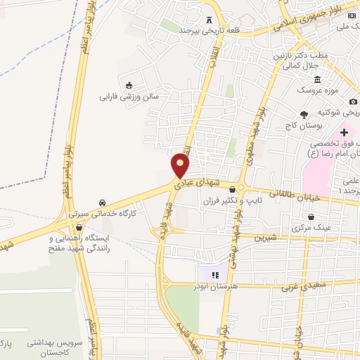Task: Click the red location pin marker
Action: pyautogui.click(x=181, y=165)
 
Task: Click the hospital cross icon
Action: pyautogui.click(x=345, y=131)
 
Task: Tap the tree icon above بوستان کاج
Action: pyautogui.click(x=304, y=114)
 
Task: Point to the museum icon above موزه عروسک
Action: pyautogui.click(x=318, y=79)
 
